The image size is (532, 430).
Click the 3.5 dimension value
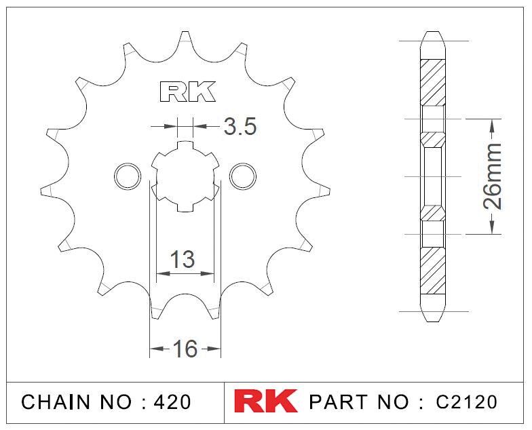point(240,127)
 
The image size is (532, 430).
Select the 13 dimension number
point(182,259)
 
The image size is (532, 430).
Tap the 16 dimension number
point(185,349)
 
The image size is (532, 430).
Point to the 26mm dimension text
point(492,176)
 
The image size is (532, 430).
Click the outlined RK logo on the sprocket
point(187,92)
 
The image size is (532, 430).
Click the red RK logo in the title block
point(265,402)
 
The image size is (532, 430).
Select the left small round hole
point(128,176)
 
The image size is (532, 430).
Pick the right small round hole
point(243,176)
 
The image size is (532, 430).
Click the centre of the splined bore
point(185,176)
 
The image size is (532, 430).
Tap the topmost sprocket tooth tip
point(185,32)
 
